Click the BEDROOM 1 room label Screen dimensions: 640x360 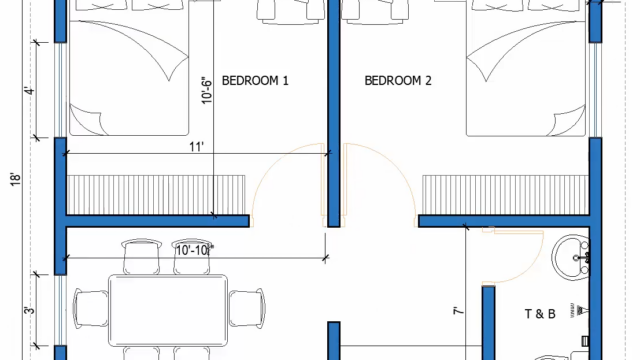click(x=255, y=80)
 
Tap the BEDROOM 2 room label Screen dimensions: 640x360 click(x=398, y=80)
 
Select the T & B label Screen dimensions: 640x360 click(x=540, y=314)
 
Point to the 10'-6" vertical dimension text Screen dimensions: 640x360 click(x=207, y=90)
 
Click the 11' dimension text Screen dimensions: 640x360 click(x=196, y=147)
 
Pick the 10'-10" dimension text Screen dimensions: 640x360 click(x=194, y=250)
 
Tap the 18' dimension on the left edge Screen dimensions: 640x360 click(x=15, y=180)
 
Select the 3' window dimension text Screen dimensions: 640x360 click(x=30, y=310)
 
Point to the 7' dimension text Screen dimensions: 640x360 click(x=459, y=311)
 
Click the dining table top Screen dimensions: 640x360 click(x=168, y=310)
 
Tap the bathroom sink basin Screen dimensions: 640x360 click(x=571, y=257)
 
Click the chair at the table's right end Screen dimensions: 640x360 click(x=247, y=308)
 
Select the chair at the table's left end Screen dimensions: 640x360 click(x=91, y=309)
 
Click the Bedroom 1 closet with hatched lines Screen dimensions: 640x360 click(x=156, y=195)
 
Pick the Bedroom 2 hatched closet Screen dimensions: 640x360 click(x=505, y=195)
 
